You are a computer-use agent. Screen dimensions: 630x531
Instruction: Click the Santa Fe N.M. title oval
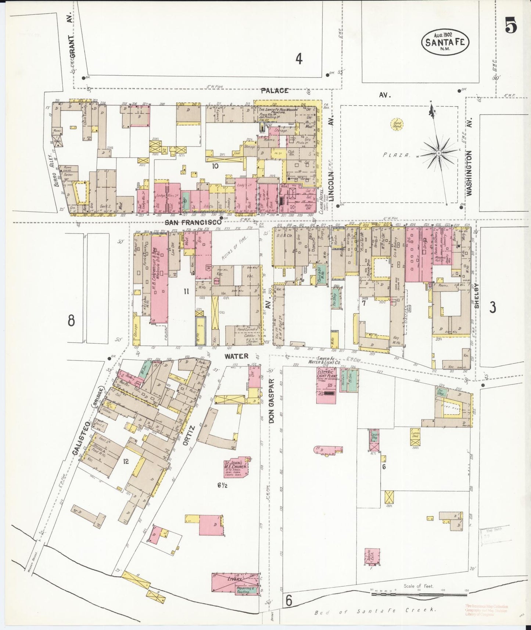point(445,41)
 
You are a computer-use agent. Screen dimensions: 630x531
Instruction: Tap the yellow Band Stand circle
point(397,125)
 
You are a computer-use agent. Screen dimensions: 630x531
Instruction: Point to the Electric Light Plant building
point(326,386)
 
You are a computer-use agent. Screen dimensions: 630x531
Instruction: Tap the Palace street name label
point(275,91)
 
